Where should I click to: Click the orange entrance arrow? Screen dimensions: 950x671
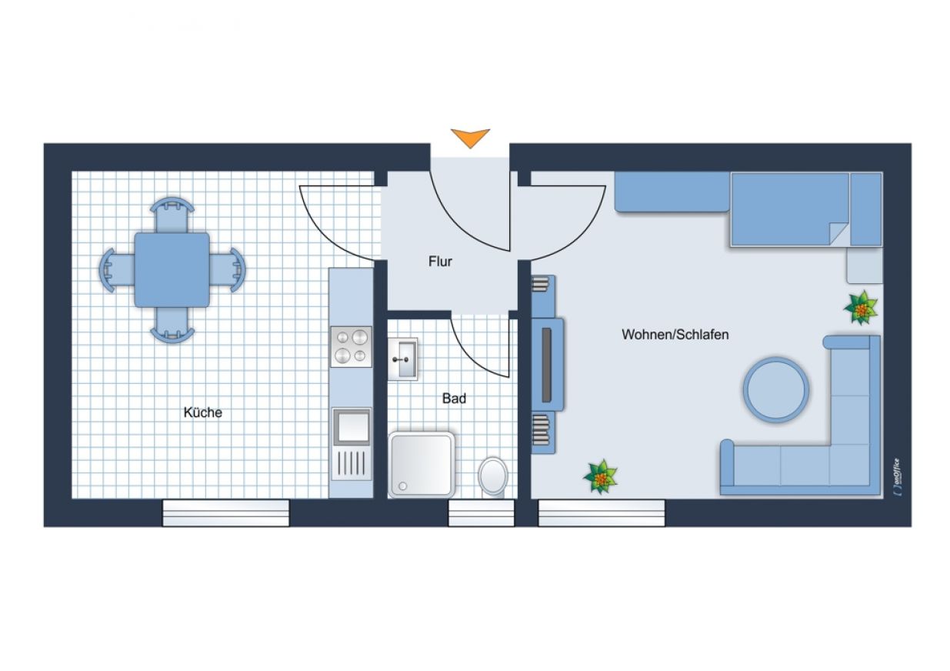(470, 138)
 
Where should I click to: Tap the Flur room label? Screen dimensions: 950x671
(440, 262)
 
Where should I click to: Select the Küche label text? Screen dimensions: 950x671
(203, 412)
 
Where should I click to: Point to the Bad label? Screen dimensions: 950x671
(454, 399)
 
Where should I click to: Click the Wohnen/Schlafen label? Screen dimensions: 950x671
(675, 334)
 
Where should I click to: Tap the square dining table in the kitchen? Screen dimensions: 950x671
(172, 270)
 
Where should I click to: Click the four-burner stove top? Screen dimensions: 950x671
(352, 346)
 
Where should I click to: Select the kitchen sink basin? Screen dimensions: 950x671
(352, 426)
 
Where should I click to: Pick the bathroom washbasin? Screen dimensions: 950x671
(402, 359)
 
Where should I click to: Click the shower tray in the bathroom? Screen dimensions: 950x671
(422, 465)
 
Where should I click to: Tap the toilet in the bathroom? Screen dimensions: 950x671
(493, 477)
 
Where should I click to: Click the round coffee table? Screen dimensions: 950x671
(775, 390)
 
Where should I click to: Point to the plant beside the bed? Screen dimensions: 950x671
(861, 308)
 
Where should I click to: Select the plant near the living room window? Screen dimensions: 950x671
(600, 477)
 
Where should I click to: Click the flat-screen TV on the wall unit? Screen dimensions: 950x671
(547, 366)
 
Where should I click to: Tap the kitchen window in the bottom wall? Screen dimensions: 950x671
(226, 512)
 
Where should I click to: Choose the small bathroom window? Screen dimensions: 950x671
(482, 512)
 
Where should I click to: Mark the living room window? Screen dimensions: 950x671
(602, 512)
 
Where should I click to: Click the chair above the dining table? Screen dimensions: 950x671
(172, 215)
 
